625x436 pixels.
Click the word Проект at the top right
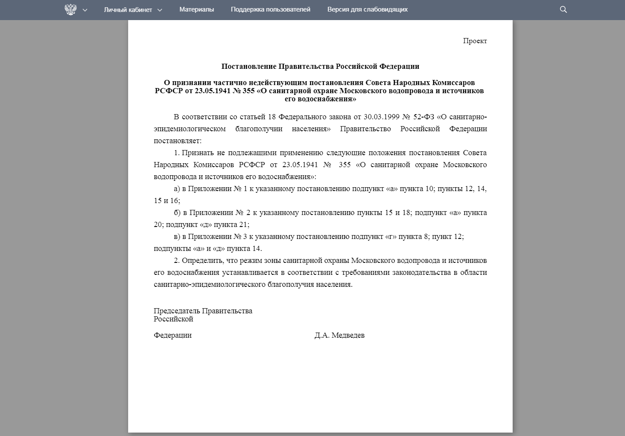point(475,41)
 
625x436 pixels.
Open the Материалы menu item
point(197,9)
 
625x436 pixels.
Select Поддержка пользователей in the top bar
point(270,9)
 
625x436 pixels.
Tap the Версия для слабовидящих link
point(367,9)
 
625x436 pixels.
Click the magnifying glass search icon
point(563,9)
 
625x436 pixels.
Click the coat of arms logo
point(70,9)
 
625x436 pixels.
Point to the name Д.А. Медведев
point(339,336)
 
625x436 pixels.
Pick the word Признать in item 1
point(197,153)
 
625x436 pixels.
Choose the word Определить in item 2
point(201,261)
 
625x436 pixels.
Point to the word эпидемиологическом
point(190,129)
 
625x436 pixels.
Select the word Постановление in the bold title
point(249,67)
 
